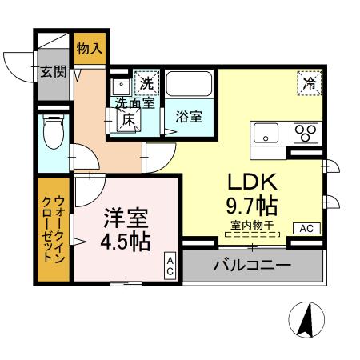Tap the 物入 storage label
pos(89,48)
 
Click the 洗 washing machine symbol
pos(146,82)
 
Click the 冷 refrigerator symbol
pos(309,82)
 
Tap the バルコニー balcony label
pos(252,266)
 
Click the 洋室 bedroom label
pos(126,216)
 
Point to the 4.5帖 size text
pos(126,240)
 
